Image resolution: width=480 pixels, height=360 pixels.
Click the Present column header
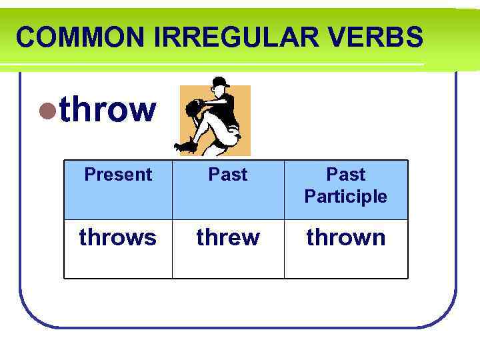click(118, 175)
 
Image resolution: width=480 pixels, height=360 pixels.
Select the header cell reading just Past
click(228, 175)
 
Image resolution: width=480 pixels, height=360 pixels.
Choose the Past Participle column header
click(345, 185)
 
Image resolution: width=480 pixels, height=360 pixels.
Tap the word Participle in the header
click(345, 197)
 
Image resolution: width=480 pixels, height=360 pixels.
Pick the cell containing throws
click(118, 237)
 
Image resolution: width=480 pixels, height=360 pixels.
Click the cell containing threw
click(228, 237)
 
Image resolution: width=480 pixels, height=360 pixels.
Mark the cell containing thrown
click(345, 237)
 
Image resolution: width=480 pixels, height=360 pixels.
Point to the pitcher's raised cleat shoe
click(185, 145)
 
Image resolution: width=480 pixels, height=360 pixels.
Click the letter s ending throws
click(151, 238)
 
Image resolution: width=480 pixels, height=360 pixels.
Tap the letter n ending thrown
click(379, 238)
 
